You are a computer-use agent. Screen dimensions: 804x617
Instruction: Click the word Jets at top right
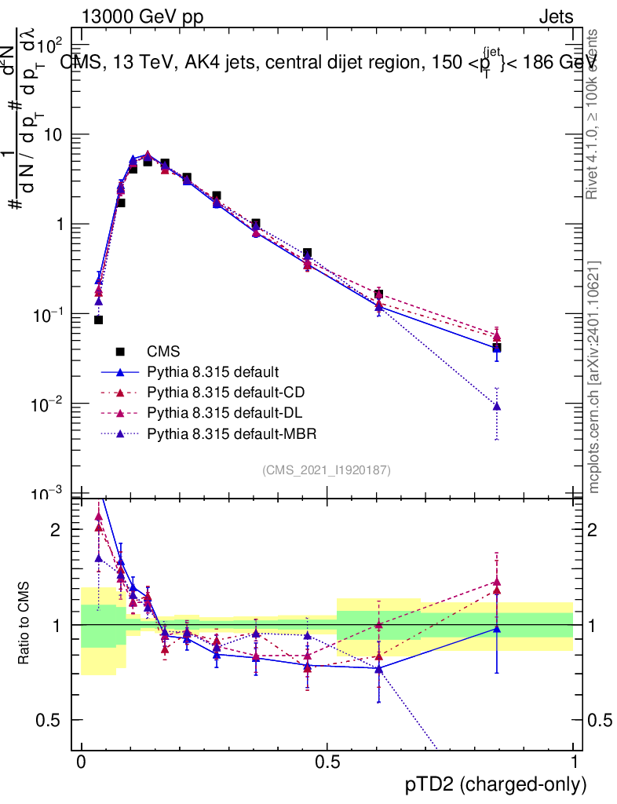point(555,16)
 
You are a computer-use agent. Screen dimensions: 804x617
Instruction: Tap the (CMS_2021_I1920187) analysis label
point(327,470)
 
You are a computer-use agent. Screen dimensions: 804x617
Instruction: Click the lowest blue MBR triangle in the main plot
point(496,406)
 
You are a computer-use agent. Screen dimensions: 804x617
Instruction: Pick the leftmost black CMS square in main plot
point(99,320)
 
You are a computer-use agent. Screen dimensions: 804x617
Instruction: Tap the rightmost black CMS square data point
point(496,347)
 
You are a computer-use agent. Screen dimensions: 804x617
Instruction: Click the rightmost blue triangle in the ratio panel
point(496,628)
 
